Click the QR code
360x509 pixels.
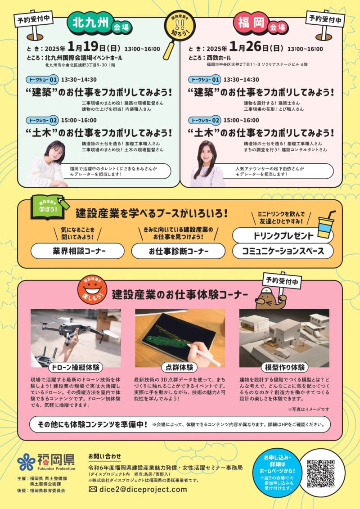pyautogui.click(x=320, y=473)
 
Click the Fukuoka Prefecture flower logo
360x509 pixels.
pyautogui.click(x=26, y=462)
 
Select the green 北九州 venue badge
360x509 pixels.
pyautogui.click(x=90, y=23)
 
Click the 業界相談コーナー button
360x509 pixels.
pyautogui.click(x=77, y=251)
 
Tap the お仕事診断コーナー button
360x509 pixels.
pyautogui.click(x=178, y=251)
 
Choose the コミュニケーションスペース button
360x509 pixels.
pyautogui.click(x=283, y=251)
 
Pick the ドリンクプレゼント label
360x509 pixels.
pyautogui.click(x=283, y=235)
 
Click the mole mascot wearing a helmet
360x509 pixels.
pyautogui.click(x=270, y=297)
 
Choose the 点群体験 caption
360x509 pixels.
pyautogui.click(x=179, y=367)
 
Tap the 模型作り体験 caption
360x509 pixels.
pyautogui.click(x=285, y=367)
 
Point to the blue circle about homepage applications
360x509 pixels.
pyautogui.click(x=277, y=473)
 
